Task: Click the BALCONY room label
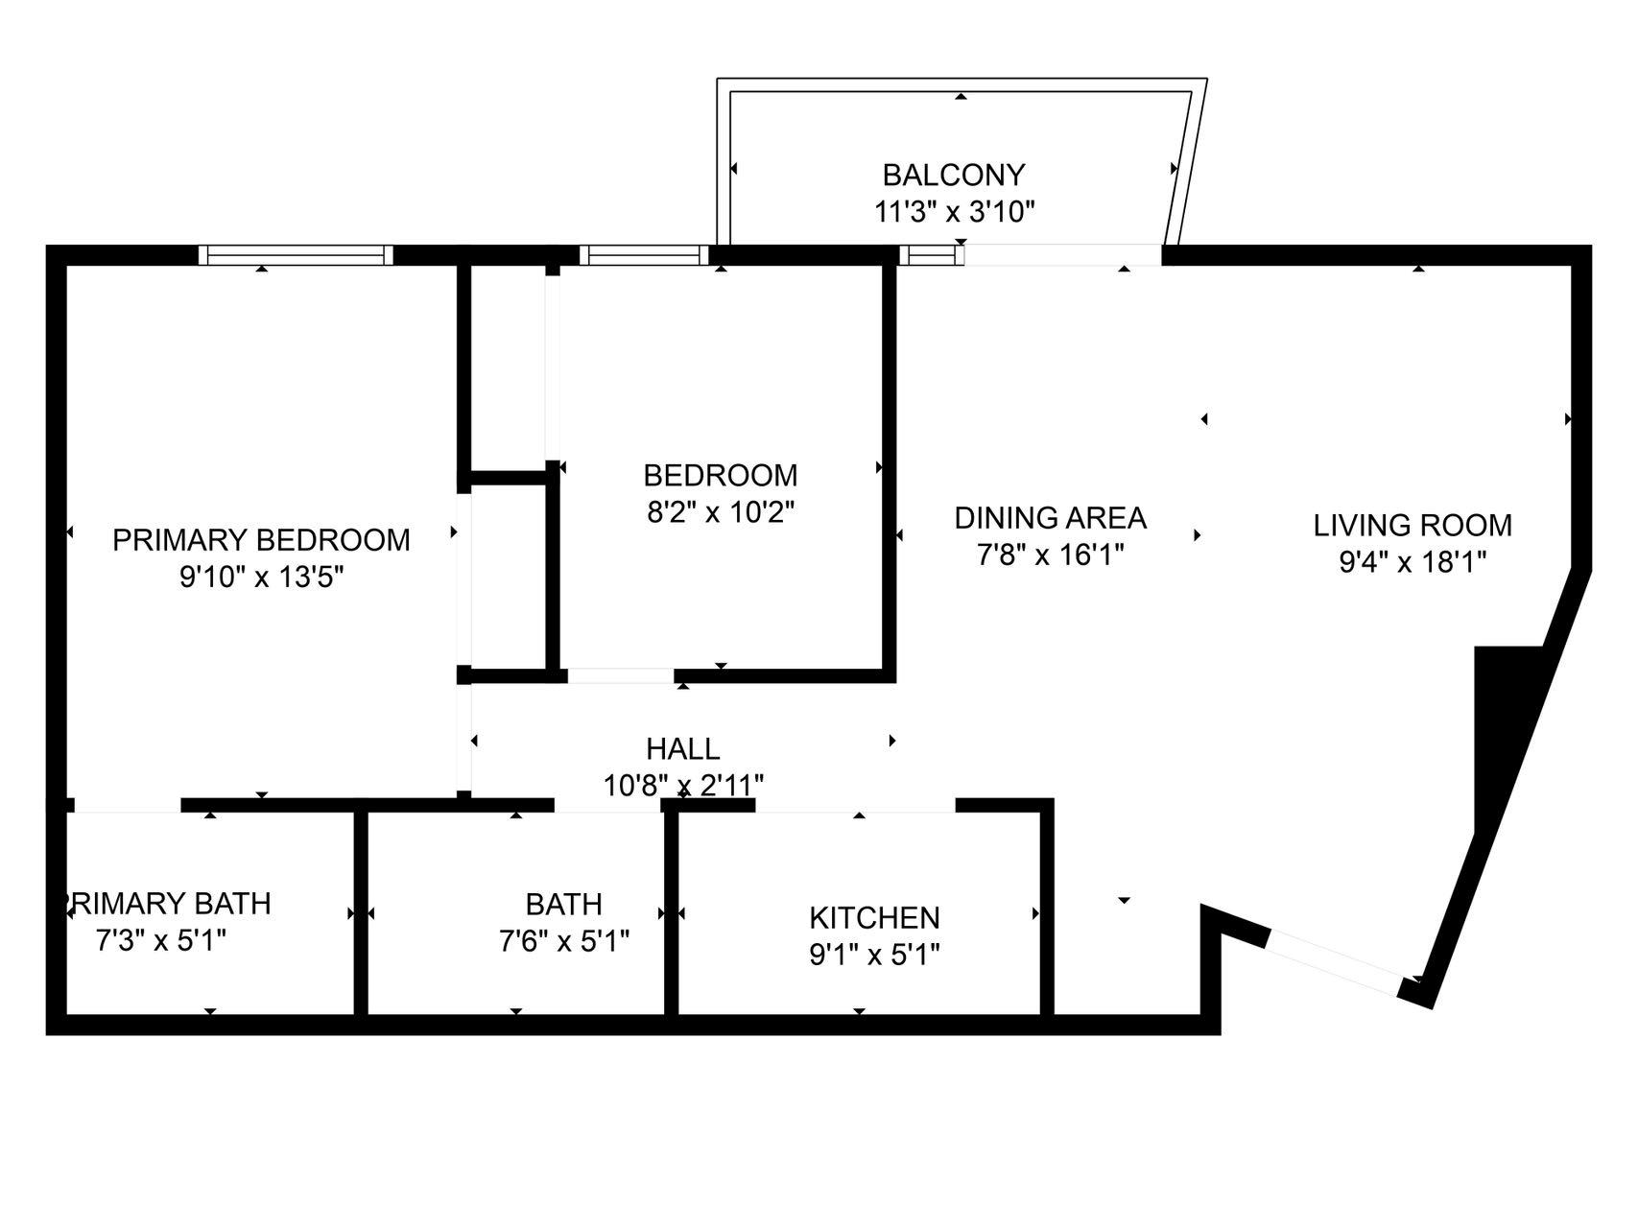pyautogui.click(x=953, y=175)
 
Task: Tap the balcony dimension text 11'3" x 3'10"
pyautogui.click(x=954, y=211)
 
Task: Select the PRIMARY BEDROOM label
pyautogui.click(x=261, y=540)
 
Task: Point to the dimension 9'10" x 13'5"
pyautogui.click(x=261, y=578)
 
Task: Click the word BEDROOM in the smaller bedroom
pyautogui.click(x=720, y=476)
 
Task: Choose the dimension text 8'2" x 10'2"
pyautogui.click(x=721, y=512)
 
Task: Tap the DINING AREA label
pyautogui.click(x=1050, y=518)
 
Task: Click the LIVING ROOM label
pyautogui.click(x=1412, y=526)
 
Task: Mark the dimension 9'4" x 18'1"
pyautogui.click(x=1412, y=562)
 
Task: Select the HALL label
pyautogui.click(x=682, y=748)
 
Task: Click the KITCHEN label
pyautogui.click(x=874, y=918)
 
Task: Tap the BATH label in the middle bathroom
pyautogui.click(x=563, y=905)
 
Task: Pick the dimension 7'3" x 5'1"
pyautogui.click(x=161, y=940)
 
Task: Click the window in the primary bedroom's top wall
pyautogui.click(x=296, y=255)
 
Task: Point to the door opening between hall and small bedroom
pyautogui.click(x=620, y=675)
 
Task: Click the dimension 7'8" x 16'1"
pyautogui.click(x=1050, y=555)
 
